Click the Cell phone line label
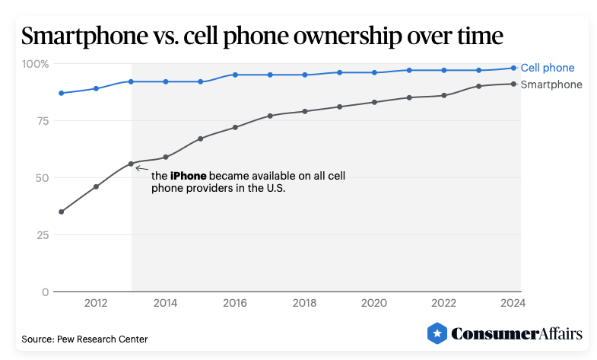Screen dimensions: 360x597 (x=547, y=68)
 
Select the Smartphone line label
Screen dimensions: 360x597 (x=551, y=84)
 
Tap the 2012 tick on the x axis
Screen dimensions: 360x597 (x=96, y=303)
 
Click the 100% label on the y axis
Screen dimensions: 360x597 (x=34, y=64)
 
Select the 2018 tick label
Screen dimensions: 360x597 (x=304, y=303)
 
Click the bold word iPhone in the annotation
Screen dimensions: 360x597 (x=188, y=176)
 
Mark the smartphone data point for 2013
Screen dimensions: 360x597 (x=131, y=164)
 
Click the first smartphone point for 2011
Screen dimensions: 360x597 (x=61, y=212)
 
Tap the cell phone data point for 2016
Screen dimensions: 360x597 (x=235, y=75)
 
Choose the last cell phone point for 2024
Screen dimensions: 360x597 (x=513, y=68)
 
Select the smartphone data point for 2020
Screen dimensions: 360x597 (x=374, y=102)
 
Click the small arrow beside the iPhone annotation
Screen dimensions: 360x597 (x=141, y=167)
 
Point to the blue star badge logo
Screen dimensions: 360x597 (x=437, y=333)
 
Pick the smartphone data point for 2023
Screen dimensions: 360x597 (x=479, y=86)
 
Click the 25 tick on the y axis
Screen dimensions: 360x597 (x=43, y=235)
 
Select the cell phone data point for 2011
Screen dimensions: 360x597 (x=61, y=93)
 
